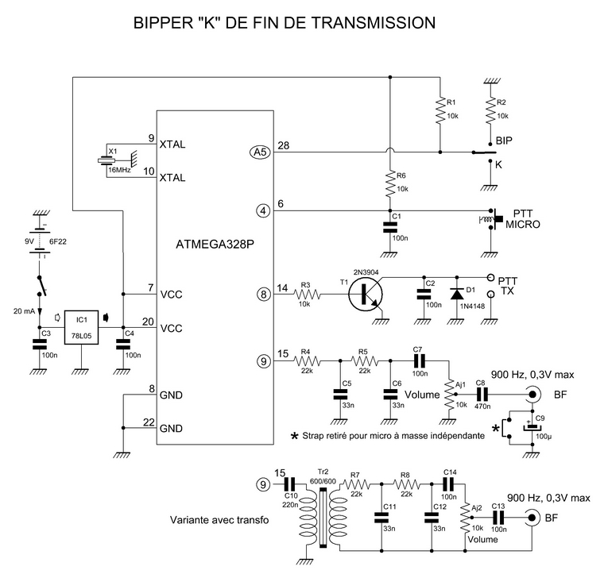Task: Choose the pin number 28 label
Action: click(284, 144)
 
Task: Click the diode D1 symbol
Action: click(457, 294)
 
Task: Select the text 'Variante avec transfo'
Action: click(219, 521)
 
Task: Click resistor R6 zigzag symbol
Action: click(390, 185)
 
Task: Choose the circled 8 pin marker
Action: click(263, 294)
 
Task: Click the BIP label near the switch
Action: click(504, 141)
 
